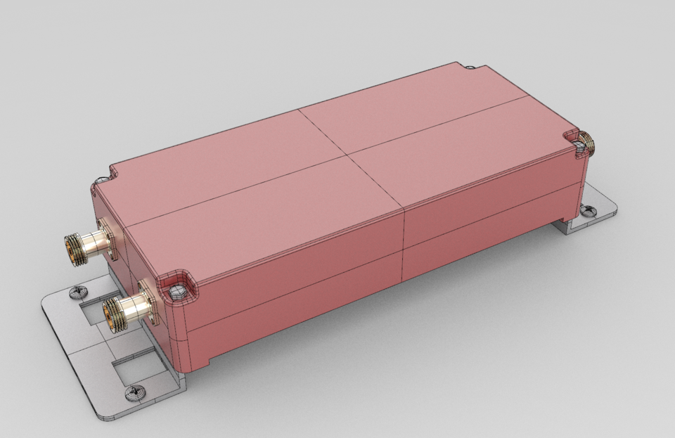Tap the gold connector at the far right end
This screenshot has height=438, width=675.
click(x=586, y=144)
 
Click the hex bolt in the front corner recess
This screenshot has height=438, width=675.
click(x=176, y=290)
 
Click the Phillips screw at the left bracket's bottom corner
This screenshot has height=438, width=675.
click(x=131, y=393)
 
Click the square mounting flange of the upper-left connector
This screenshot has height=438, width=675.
click(x=108, y=239)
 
